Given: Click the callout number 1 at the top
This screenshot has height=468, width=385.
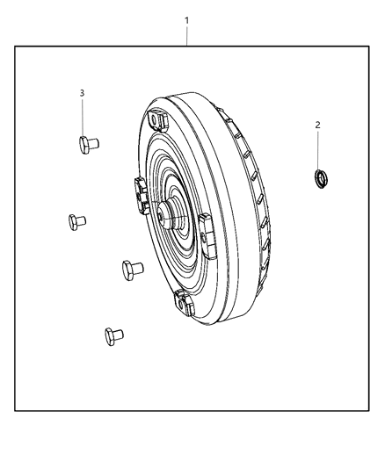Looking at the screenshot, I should coord(186,18).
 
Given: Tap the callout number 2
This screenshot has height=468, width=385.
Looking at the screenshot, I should coord(317,126).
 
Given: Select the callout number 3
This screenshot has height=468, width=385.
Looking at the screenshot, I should coord(83,93).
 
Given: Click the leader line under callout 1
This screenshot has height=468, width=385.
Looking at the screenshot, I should coord(186,36).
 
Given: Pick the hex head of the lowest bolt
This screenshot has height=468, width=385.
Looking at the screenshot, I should coord(108,333).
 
